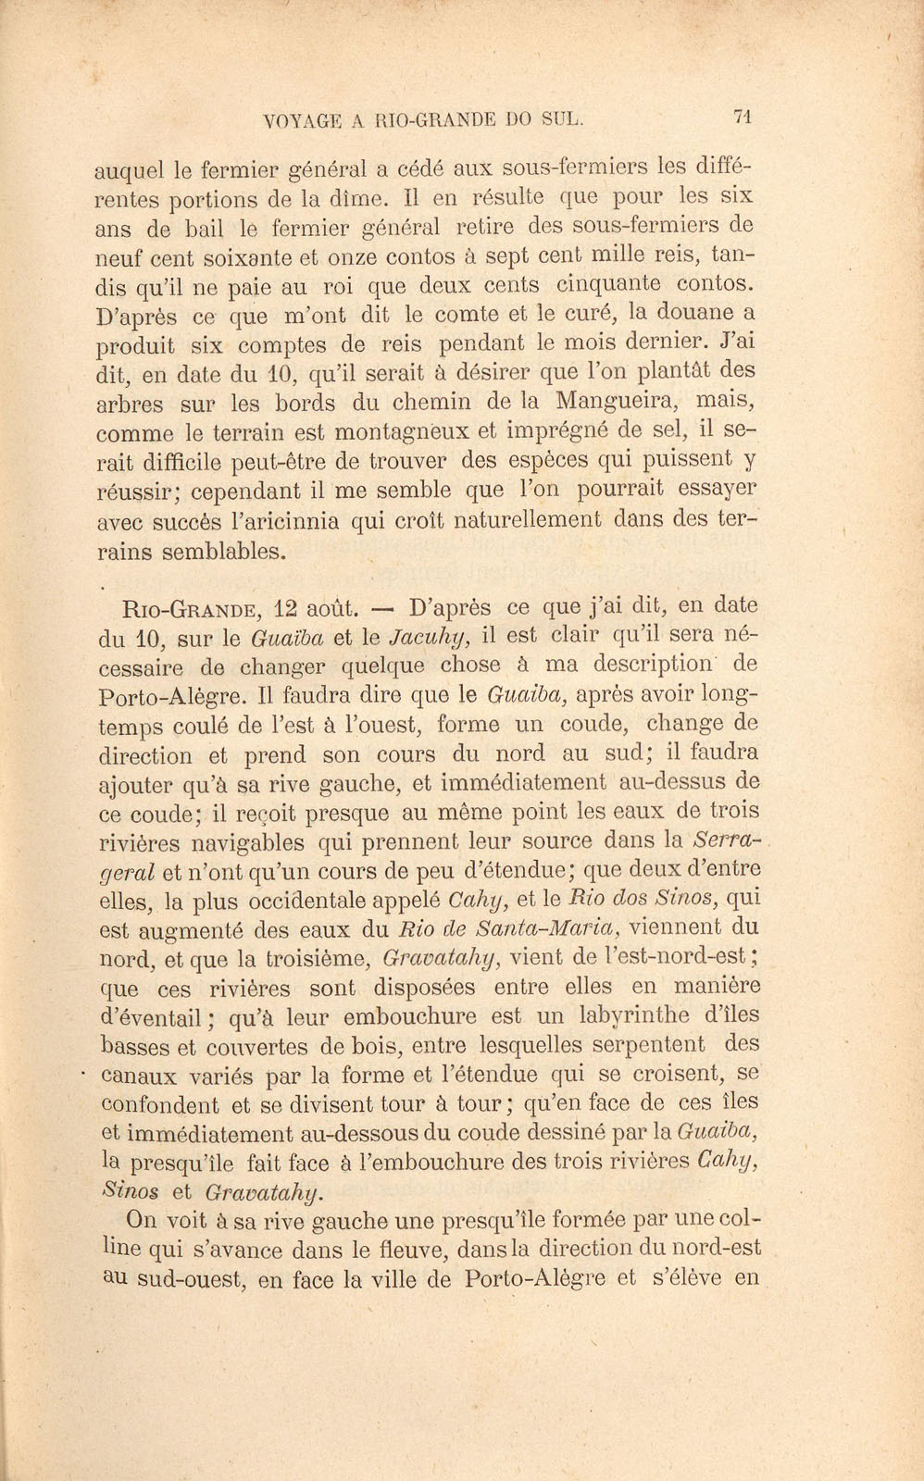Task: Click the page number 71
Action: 741,117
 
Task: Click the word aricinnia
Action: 290,520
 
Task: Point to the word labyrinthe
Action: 633,1015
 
